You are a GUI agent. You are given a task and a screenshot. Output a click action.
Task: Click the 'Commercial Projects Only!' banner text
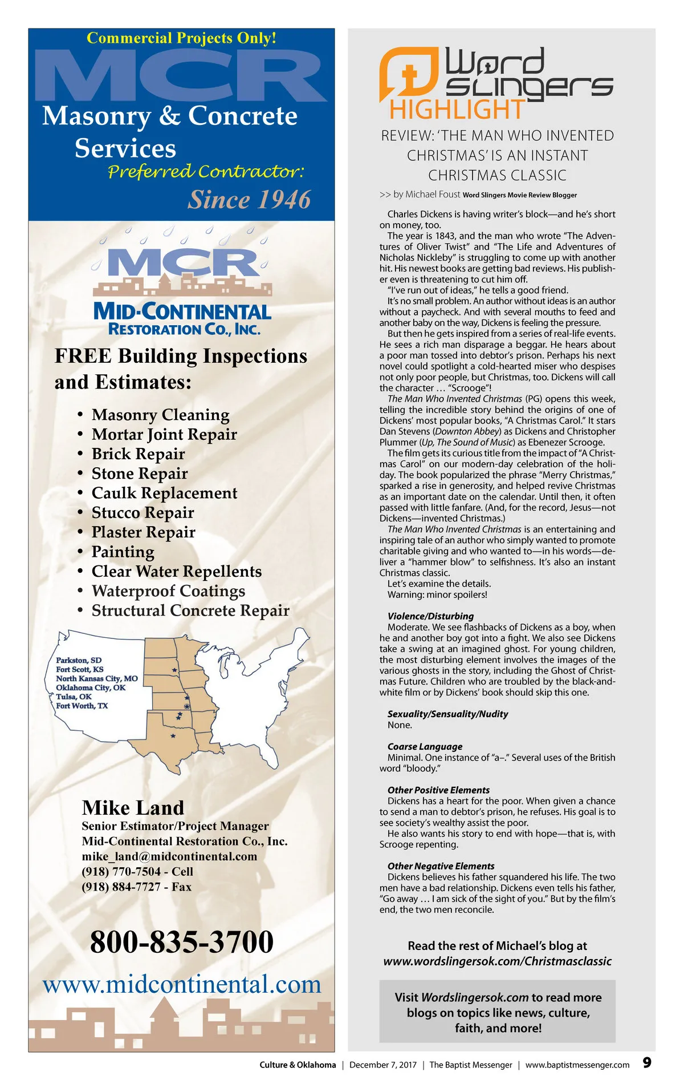pos(181,38)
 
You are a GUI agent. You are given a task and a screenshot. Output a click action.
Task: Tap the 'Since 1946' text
pos(250,200)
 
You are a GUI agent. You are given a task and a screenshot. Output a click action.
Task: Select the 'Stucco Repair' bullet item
pos(142,512)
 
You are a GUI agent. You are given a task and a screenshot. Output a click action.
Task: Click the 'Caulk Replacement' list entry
pos(164,493)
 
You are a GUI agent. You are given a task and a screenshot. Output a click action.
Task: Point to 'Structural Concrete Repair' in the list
pos(190,610)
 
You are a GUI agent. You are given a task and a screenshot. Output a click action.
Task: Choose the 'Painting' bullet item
pos(123,552)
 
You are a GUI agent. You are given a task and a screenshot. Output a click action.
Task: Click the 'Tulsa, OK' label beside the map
pos(74,697)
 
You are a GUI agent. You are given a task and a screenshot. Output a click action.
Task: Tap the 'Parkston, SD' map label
pos(79,660)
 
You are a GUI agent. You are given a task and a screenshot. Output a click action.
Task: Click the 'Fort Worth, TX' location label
pos(82,706)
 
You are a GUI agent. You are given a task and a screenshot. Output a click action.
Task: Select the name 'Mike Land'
pos(133,808)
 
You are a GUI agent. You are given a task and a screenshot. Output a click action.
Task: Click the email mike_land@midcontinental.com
pos(169,856)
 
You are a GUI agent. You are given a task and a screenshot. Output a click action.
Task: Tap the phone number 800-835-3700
pos(182,942)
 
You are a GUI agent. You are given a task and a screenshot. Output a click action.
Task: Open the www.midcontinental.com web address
pos(182,984)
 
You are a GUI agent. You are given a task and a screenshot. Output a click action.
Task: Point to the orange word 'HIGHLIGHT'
pos(457,109)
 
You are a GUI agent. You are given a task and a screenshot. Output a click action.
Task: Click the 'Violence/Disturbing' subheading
pos(430,616)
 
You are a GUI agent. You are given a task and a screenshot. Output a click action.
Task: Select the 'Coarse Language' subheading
pos(425,746)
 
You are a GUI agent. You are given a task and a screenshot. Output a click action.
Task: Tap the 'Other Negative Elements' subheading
pos(441,866)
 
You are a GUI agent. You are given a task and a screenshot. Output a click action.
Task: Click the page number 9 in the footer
pos(647,1062)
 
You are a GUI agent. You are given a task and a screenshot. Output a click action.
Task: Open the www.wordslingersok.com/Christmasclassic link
pos(497,961)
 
